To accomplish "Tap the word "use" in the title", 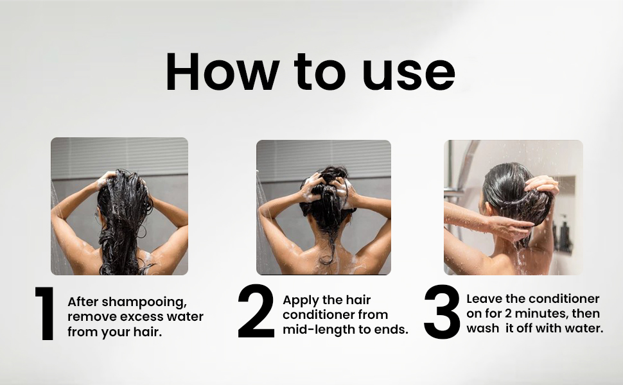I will pyautogui.click(x=408, y=72).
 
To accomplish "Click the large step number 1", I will pyautogui.click(x=46, y=314).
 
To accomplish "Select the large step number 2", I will pyautogui.click(x=256, y=313).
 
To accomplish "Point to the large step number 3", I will pyautogui.click(x=442, y=313).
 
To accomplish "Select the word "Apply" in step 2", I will pyautogui.click(x=300, y=300).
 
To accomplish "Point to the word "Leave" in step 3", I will pyautogui.click(x=484, y=299).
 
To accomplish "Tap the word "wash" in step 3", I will pyautogui.click(x=482, y=329).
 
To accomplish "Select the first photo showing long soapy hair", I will pyautogui.click(x=119, y=206).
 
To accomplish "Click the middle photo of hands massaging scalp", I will pyautogui.click(x=323, y=207).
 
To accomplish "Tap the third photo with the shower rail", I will pyautogui.click(x=513, y=207).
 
